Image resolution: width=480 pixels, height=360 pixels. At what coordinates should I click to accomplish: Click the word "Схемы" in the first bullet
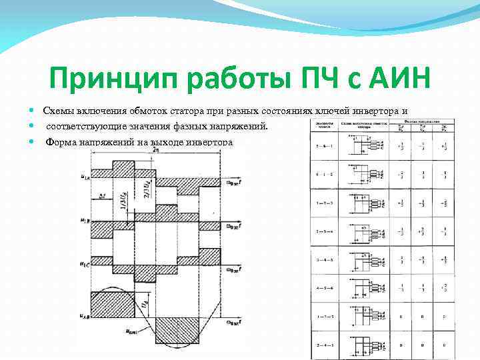coord(58,110)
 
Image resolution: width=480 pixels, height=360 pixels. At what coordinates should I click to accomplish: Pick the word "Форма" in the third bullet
coord(61,141)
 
